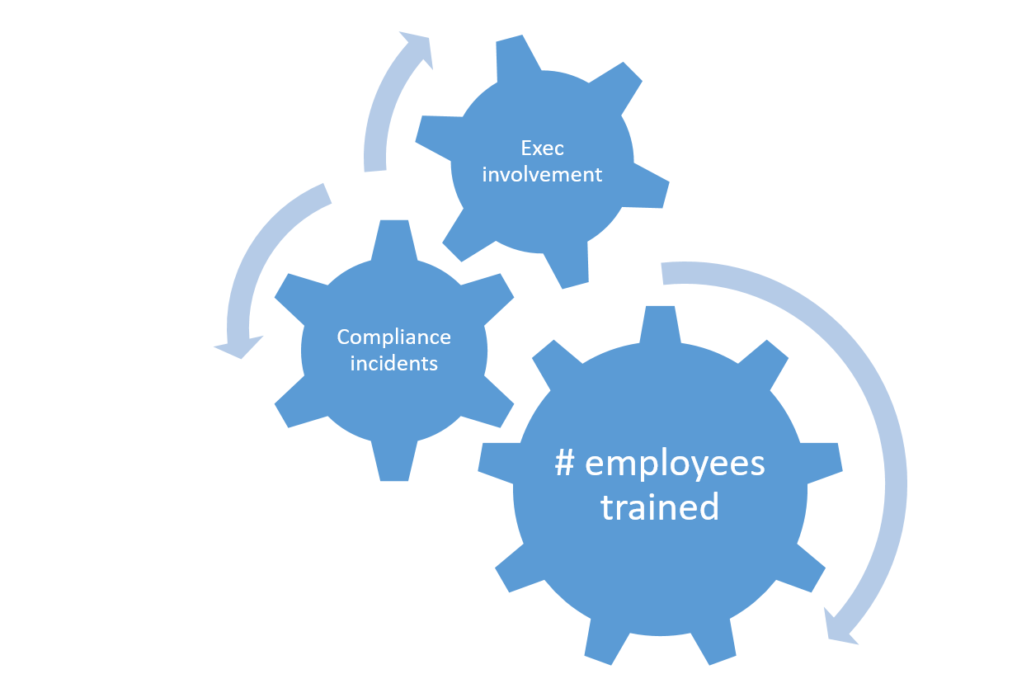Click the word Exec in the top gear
542,148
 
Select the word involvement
542,175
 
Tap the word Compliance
393,337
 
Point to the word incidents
393,363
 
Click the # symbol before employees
565,464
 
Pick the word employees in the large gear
675,465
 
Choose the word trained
660,507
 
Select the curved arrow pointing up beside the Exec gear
383,115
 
